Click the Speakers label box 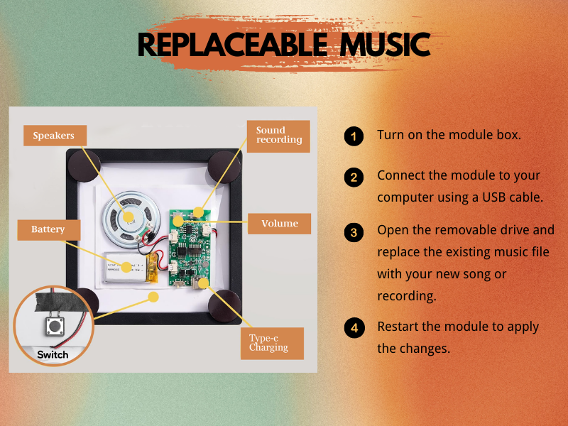point(53,136)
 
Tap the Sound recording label point(278,136)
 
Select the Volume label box point(279,224)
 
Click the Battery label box point(48,229)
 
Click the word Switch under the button point(53,354)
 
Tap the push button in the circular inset point(53,327)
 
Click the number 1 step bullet point(353,136)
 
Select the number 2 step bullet point(353,177)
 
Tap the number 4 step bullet point(353,328)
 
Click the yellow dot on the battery point(128,267)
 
